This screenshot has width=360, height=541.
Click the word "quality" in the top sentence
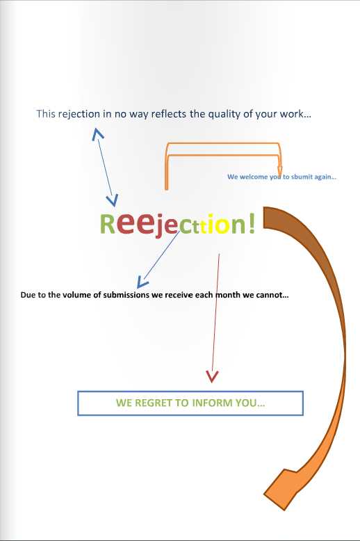pos(224,114)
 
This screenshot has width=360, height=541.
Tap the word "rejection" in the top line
pos(79,114)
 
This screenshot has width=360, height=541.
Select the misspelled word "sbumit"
pos(302,177)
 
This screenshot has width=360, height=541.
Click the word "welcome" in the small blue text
pos(254,177)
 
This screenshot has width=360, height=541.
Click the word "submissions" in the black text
pos(126,295)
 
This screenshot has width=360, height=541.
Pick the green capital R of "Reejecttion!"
pos(107,224)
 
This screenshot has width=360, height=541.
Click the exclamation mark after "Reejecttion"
pos(252,223)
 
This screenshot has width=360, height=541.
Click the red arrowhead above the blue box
pos(212,376)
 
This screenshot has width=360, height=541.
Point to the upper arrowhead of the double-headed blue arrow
pos(97,134)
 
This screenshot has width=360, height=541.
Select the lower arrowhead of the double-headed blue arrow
pos(113,200)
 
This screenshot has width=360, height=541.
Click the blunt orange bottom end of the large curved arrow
pos(279,490)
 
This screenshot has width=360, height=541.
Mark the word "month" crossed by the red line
pos(227,295)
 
